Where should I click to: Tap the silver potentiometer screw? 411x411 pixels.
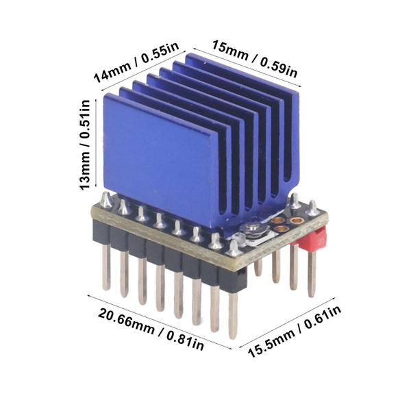click(x=251, y=229)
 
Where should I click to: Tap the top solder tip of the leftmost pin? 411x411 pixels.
click(x=106, y=199)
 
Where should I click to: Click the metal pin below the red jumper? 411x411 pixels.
click(x=311, y=274)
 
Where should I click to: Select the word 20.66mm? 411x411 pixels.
click(x=124, y=319)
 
